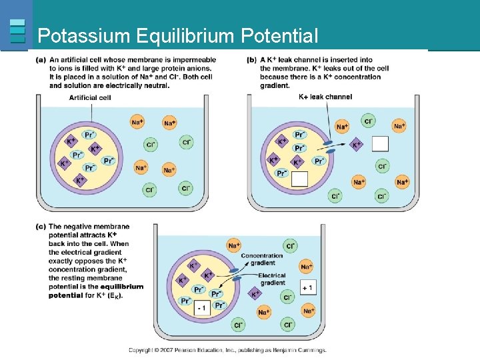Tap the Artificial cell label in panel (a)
click(x=89, y=97)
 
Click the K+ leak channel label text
click(x=325, y=97)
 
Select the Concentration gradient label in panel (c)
click(x=262, y=259)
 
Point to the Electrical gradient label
click(x=272, y=279)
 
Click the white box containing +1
click(x=307, y=287)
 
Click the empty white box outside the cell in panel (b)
click(x=380, y=143)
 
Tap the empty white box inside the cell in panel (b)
click(x=299, y=179)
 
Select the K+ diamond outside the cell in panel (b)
click(x=357, y=144)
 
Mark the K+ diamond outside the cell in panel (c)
click(x=255, y=293)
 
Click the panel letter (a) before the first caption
click(x=41, y=59)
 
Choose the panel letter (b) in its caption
click(x=251, y=59)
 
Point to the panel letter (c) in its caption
click(x=41, y=227)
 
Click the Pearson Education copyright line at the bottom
click(x=227, y=350)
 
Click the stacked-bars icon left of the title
click(x=18, y=31)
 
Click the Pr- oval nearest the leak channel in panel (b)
click(x=319, y=161)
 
